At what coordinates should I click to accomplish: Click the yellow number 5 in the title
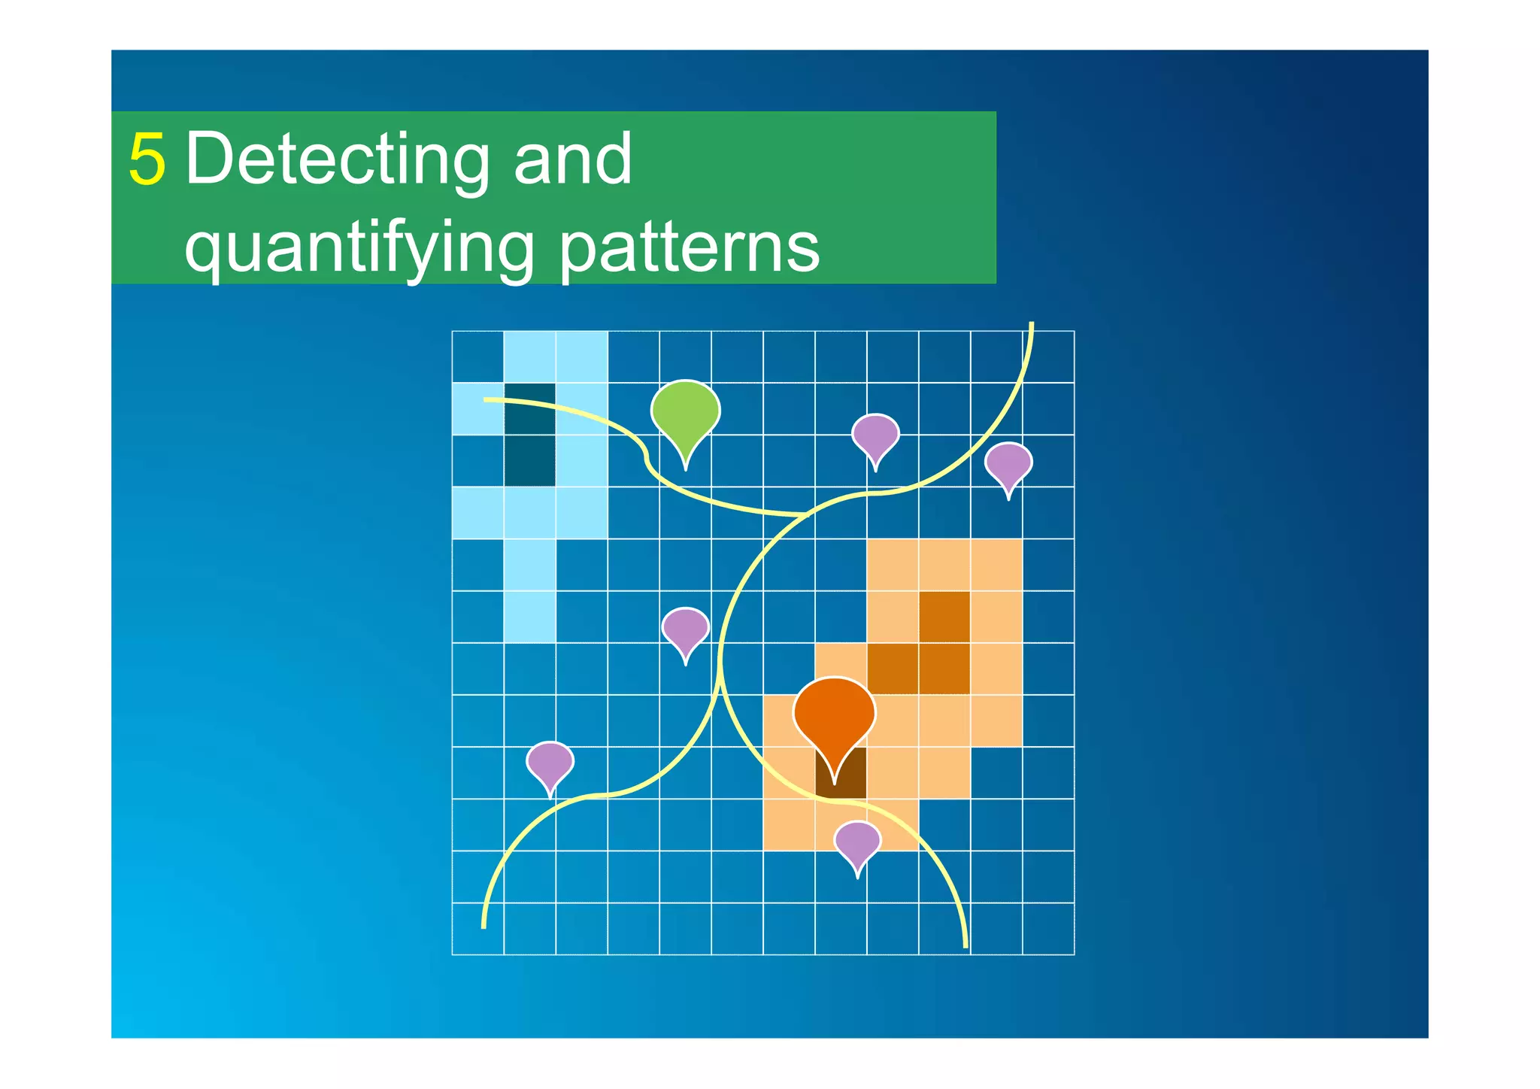(147, 159)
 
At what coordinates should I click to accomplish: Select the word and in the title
(573, 159)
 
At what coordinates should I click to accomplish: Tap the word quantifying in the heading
(359, 248)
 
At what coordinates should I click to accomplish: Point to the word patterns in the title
(690, 248)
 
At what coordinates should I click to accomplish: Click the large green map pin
(685, 412)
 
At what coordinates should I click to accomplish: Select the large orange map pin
(834, 714)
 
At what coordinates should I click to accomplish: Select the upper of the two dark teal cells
(529, 409)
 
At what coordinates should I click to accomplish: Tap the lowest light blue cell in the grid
(529, 617)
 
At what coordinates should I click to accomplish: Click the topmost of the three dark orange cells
(944, 617)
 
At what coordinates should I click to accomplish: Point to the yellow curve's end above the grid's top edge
(1032, 325)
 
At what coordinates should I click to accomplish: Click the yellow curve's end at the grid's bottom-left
(484, 926)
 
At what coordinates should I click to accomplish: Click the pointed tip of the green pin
(685, 469)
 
